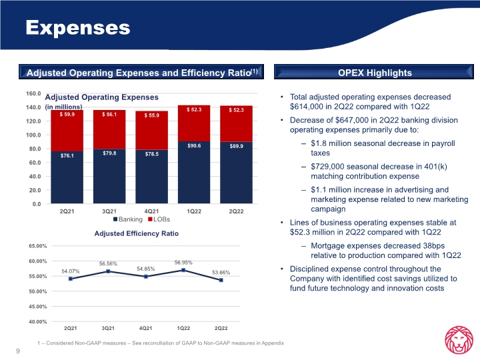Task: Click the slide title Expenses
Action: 77,27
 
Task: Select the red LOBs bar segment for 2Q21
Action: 66,131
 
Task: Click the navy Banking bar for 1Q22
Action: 193,172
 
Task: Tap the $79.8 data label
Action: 109,153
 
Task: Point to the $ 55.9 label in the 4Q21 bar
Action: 151,115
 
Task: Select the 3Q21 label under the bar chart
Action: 109,211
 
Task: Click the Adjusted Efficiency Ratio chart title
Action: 137,233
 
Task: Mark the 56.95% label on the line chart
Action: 183,263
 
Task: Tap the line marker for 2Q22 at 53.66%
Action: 221,280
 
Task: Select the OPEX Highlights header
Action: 375,73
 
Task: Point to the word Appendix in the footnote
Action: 271,343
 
